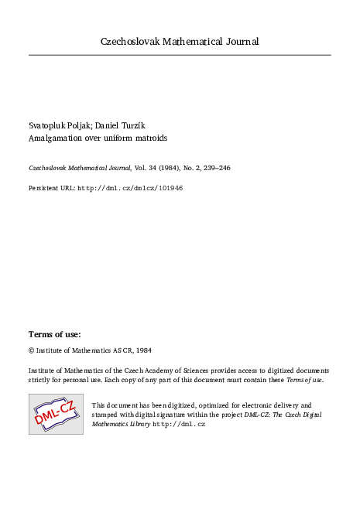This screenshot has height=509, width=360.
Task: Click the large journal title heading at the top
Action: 180,41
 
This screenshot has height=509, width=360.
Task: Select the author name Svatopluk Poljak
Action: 58,125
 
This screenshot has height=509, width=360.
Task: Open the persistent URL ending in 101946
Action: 131,188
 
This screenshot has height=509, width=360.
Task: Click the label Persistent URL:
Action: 52,188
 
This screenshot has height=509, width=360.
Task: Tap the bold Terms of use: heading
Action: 54,334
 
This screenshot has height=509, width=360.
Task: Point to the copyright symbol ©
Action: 32,350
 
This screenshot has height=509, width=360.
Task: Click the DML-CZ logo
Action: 56,414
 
